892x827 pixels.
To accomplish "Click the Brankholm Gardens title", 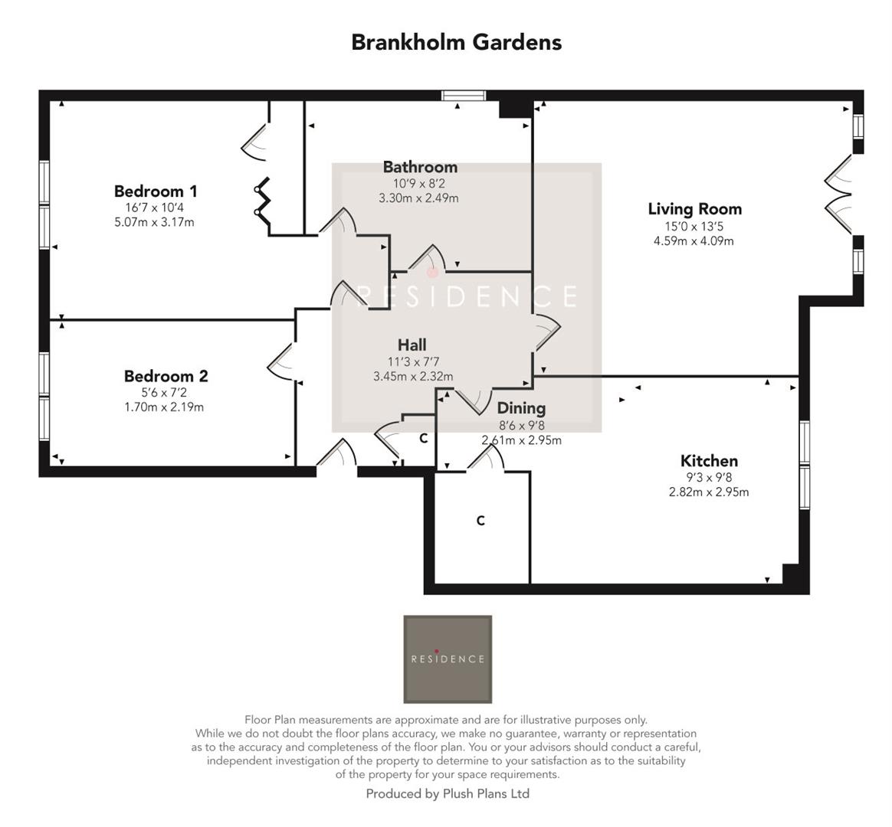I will (456, 42).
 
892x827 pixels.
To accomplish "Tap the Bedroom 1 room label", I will (156, 191).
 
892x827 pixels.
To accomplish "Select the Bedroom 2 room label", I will (166, 376).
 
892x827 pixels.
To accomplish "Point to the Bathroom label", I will (420, 167).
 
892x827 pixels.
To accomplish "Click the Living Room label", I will (694, 209).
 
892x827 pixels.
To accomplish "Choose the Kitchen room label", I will (709, 461).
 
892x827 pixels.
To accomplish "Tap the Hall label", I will (412, 345).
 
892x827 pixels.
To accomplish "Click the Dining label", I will (521, 408).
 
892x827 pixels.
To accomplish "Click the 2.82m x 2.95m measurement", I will (708, 492).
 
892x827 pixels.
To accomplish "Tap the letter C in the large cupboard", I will (480, 521).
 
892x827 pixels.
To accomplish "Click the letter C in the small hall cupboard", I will (422, 440).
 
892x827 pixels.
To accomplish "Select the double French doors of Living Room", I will (841, 194).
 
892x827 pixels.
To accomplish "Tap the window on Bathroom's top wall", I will (464, 96).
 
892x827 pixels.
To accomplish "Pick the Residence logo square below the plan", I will (448, 659).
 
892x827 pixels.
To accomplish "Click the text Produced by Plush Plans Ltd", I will (448, 794).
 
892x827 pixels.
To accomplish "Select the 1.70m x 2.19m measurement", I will (164, 407).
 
